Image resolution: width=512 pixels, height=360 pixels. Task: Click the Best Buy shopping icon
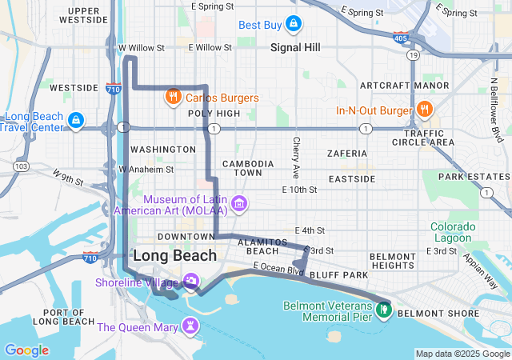[x=294, y=24]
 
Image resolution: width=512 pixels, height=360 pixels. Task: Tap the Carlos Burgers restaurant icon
[x=172, y=98]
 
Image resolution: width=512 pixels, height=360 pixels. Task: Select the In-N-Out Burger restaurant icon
[x=424, y=110]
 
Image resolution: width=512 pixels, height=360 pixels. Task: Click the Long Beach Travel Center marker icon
[x=74, y=121]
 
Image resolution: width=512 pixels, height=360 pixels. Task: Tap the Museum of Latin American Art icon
[x=238, y=205]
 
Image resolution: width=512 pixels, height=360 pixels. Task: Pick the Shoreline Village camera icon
[x=191, y=282]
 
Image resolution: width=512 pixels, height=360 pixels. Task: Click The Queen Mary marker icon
[x=190, y=326]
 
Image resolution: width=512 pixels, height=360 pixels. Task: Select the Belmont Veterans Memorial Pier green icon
[x=384, y=306]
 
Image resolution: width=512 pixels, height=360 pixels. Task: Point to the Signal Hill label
[x=295, y=48]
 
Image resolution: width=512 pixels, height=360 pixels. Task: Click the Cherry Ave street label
[x=296, y=157]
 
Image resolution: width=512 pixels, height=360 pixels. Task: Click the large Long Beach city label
[x=174, y=255]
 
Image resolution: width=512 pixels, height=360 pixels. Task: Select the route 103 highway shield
[x=21, y=166]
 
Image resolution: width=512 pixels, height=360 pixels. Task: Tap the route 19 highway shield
[x=412, y=55]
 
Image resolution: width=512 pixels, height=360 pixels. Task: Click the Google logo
[x=26, y=350]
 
